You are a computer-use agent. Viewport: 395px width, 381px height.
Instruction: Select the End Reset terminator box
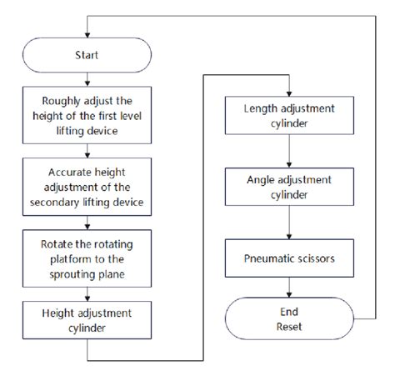click(x=288, y=316)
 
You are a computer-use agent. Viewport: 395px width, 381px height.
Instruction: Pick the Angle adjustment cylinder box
click(x=288, y=189)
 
